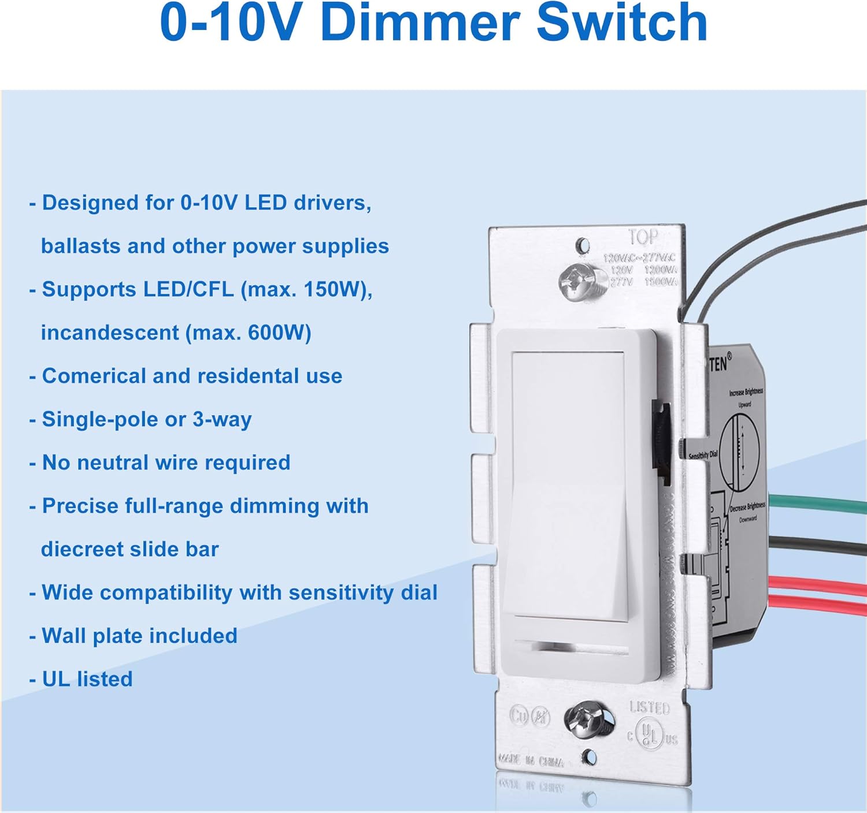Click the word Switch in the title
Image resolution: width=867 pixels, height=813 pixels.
coord(622,23)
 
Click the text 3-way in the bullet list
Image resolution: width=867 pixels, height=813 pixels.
coord(222,419)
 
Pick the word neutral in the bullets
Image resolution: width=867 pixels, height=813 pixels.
coord(113,463)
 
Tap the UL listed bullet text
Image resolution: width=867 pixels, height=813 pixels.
coord(87,679)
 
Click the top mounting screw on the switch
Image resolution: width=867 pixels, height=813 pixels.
coord(580,282)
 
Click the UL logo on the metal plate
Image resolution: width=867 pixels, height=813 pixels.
coord(650,734)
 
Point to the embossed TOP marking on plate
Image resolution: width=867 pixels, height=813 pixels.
coord(643,237)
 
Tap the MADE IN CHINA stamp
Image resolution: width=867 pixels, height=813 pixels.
coord(530,761)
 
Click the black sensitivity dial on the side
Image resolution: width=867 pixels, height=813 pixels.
coord(661,442)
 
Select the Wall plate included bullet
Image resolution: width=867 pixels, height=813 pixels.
coord(139,636)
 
